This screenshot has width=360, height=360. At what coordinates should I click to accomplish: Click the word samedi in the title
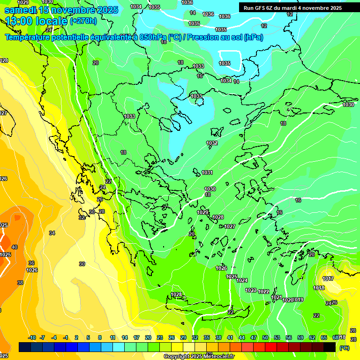coord(20,10)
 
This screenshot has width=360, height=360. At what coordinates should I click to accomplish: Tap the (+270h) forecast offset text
coord(83,21)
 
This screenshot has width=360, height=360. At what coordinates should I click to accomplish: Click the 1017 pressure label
coord(328,279)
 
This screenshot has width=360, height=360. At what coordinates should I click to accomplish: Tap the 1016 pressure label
coord(319,288)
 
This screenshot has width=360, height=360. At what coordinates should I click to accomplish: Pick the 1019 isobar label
coord(299,300)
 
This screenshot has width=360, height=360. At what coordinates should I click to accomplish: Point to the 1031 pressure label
coord(207,172)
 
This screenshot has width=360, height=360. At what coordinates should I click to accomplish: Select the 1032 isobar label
coord(212,143)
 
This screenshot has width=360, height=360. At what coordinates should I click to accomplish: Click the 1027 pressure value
coord(230,226)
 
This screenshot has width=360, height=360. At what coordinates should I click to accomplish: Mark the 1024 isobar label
coord(242,280)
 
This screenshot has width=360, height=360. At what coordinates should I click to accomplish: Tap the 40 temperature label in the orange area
coord(15,247)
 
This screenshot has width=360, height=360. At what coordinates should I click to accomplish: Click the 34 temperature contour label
coord(52,233)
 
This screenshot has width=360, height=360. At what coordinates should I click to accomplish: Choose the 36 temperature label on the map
coord(31,263)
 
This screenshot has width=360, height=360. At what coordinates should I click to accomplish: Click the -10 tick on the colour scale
coord(32,337)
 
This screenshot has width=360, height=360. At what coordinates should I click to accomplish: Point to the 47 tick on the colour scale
coord(254,337)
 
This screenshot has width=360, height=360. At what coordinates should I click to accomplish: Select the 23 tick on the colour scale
coord(160,337)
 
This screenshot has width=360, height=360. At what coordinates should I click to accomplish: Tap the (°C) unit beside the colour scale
coord(345,348)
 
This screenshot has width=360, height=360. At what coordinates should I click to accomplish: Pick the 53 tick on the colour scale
coord(277,337)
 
